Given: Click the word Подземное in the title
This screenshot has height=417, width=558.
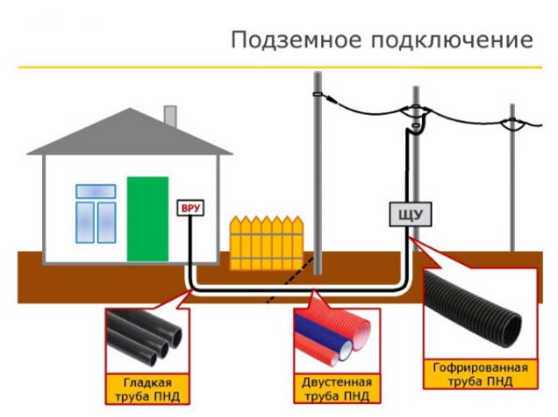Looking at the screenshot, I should pyautogui.click(x=284, y=39).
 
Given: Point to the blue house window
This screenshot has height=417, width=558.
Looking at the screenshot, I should pyautogui.click(x=95, y=213).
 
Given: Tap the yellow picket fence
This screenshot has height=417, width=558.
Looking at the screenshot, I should pyautogui.click(x=266, y=242).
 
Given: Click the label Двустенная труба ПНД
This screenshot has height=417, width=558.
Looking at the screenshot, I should pyautogui.click(x=333, y=388).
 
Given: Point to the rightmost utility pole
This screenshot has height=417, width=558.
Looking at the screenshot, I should pyautogui.click(x=513, y=181).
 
